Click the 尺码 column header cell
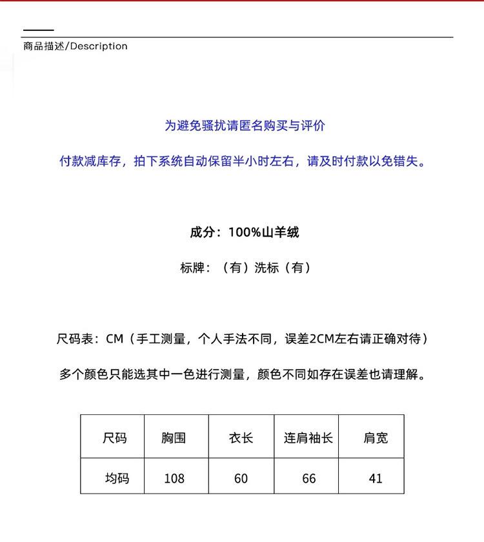pyautogui.click(x=114, y=438)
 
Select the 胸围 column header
pyautogui.click(x=174, y=438)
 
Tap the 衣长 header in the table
pyautogui.click(x=241, y=438)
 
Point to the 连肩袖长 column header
pyautogui.click(x=308, y=438)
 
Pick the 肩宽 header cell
pyautogui.click(x=376, y=438)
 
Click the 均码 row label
pyautogui.click(x=117, y=478)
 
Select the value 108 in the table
pyautogui.click(x=174, y=478)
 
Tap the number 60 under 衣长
pyautogui.click(x=241, y=478)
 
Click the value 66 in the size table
pyautogui.click(x=308, y=478)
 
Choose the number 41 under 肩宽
pyautogui.click(x=376, y=478)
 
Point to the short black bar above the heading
pyautogui.click(x=38, y=30)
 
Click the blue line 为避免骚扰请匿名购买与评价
pyautogui.click(x=244, y=126)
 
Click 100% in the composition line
pyautogui.click(x=245, y=232)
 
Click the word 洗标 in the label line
pyautogui.click(x=267, y=268)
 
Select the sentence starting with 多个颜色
pyautogui.click(x=243, y=374)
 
